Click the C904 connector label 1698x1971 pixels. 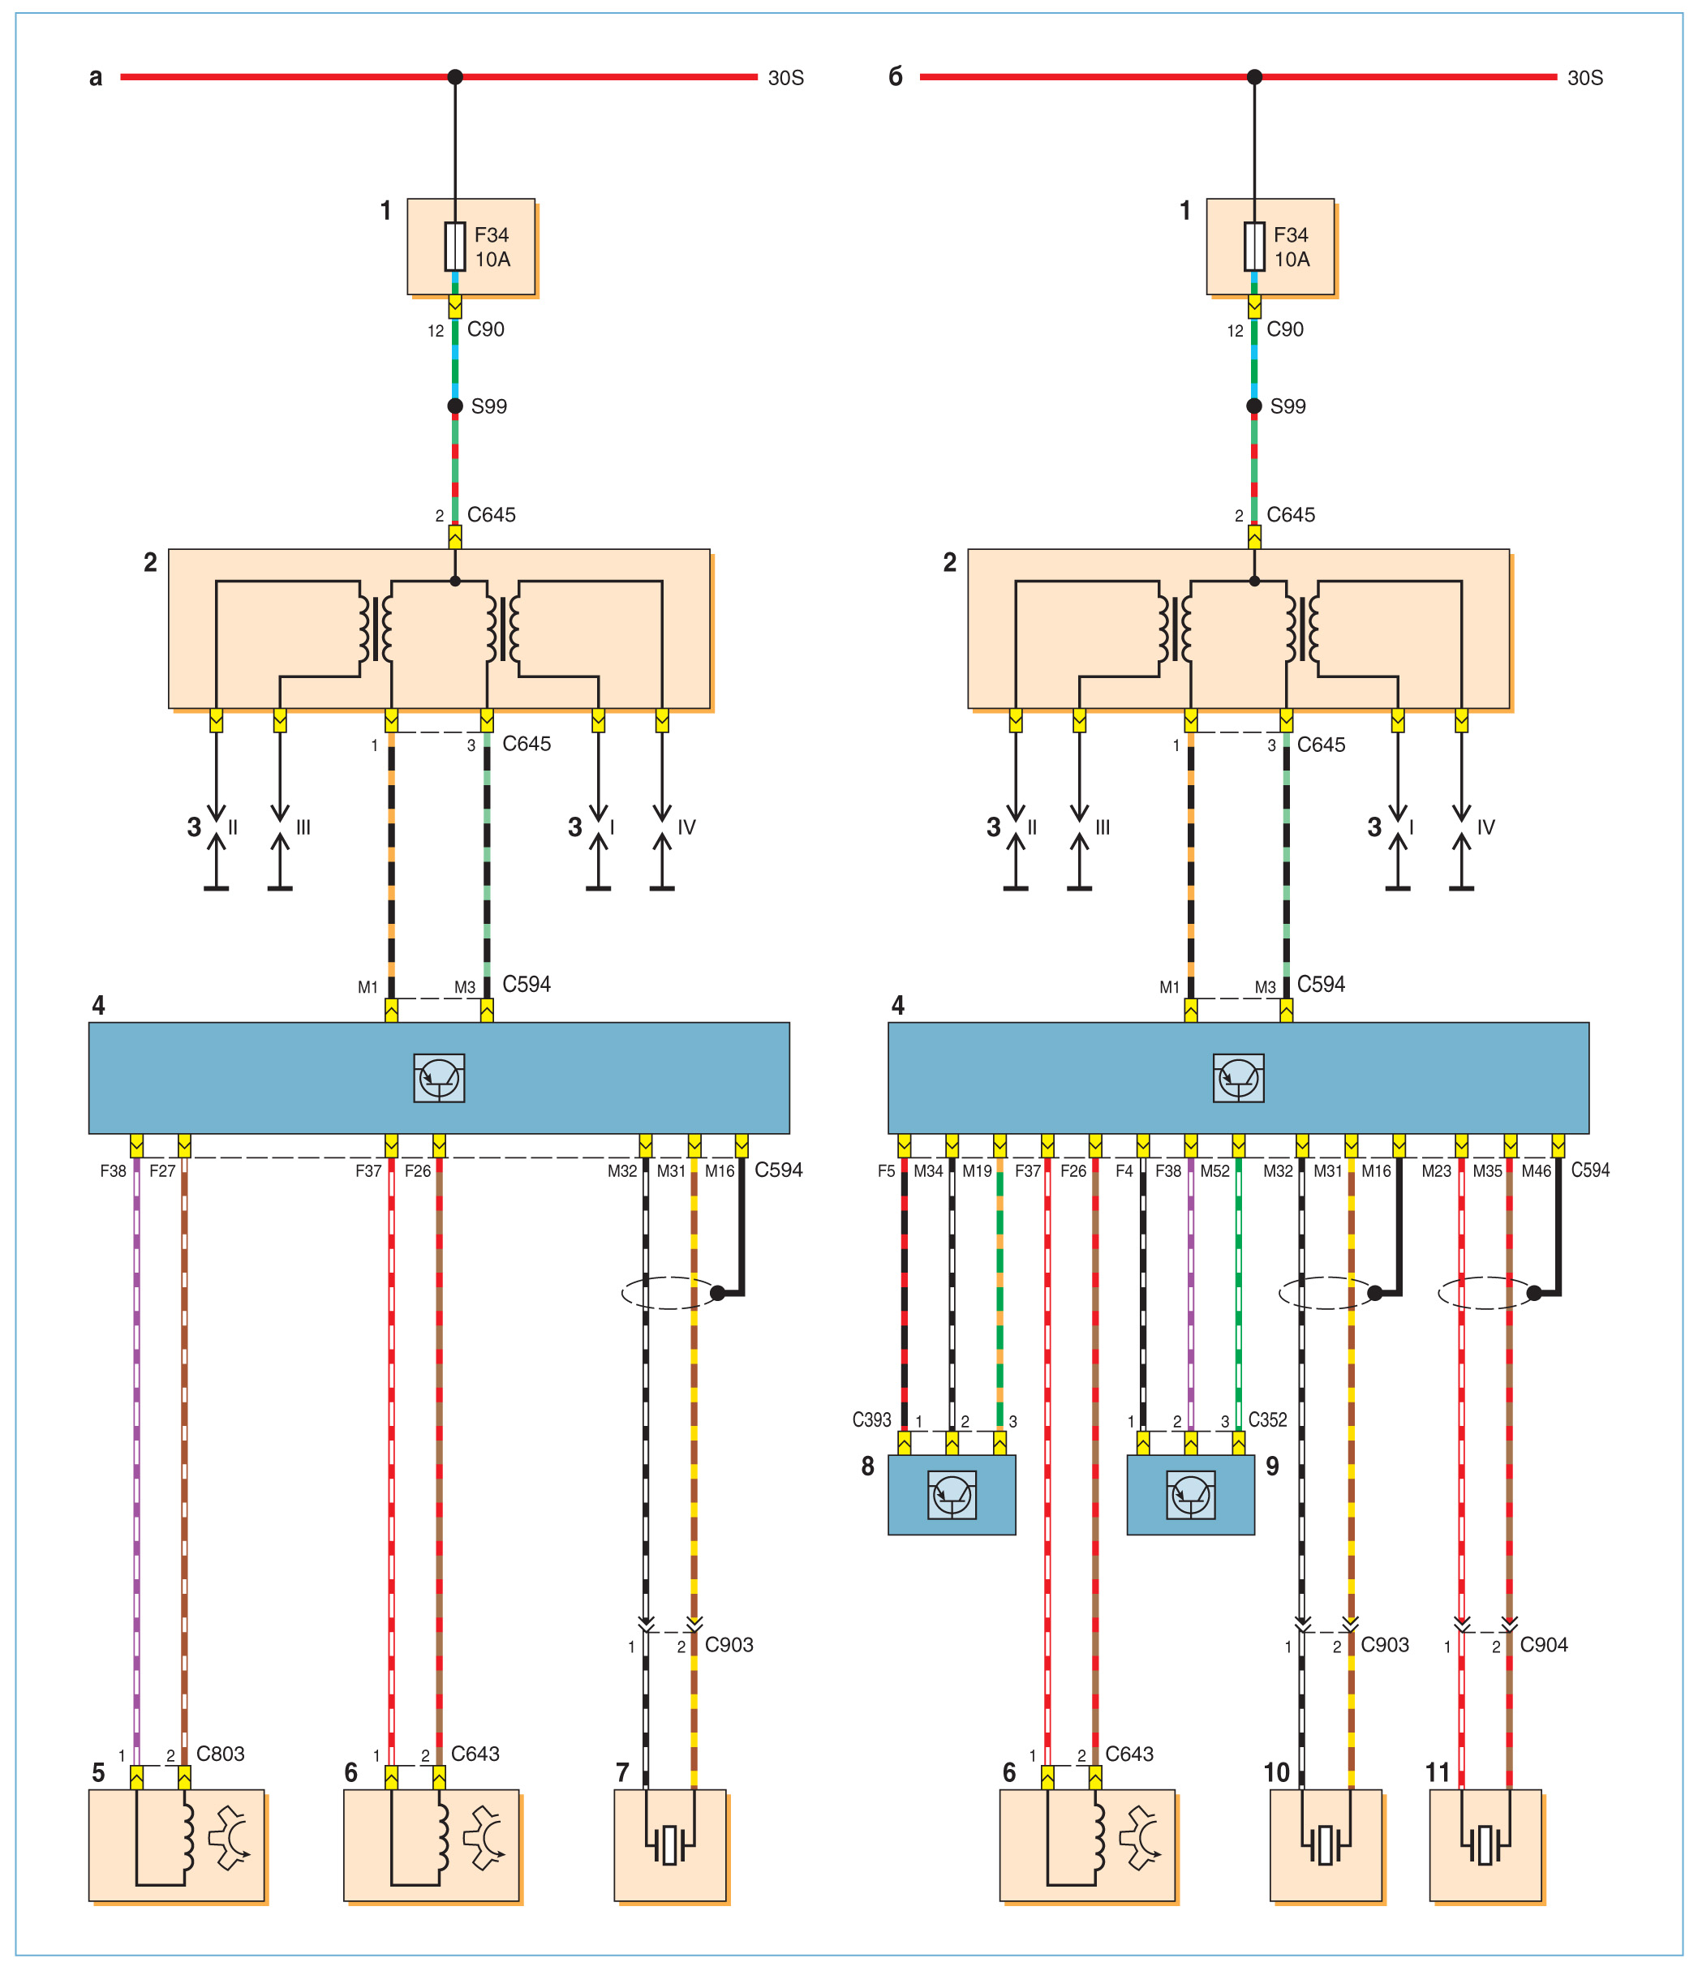(1543, 1645)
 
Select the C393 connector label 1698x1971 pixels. (871, 1420)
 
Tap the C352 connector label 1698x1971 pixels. (1267, 1420)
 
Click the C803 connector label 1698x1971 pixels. (220, 1753)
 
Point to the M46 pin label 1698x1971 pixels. (1537, 1171)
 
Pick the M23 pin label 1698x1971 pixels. (1437, 1171)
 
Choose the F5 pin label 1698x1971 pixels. (887, 1171)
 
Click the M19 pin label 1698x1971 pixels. (977, 1171)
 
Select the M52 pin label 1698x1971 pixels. (1214, 1171)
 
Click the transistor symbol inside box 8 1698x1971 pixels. (952, 1494)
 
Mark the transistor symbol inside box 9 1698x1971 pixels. (1190, 1494)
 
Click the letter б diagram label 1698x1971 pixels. (895, 77)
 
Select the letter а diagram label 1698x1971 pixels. (95, 77)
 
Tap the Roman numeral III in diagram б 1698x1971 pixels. (1103, 827)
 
